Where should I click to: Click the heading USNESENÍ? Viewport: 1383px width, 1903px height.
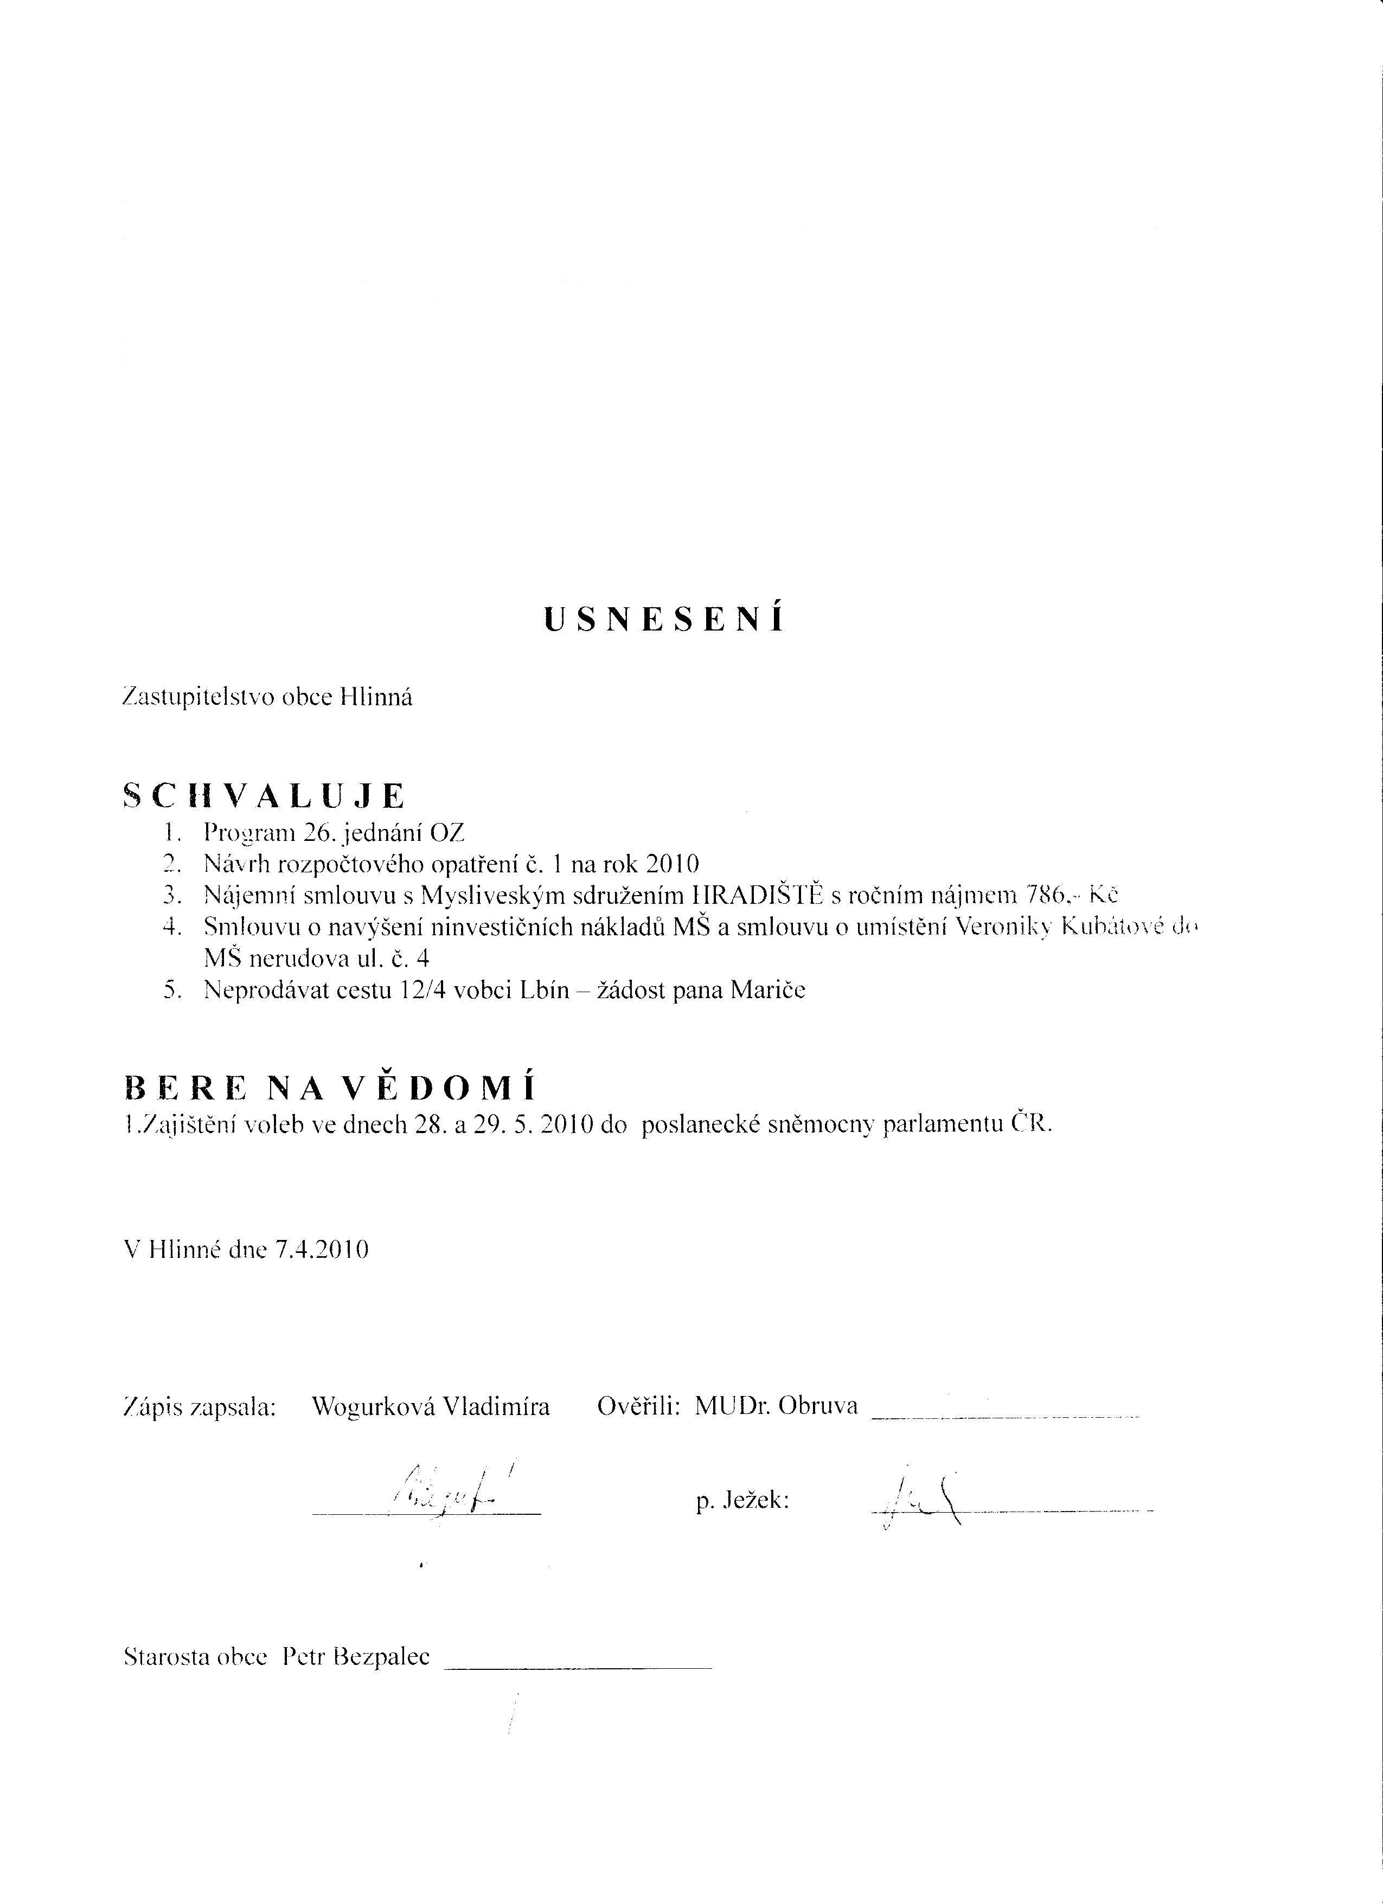[x=664, y=620]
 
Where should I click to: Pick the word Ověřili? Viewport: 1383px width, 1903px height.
[x=638, y=1406]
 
